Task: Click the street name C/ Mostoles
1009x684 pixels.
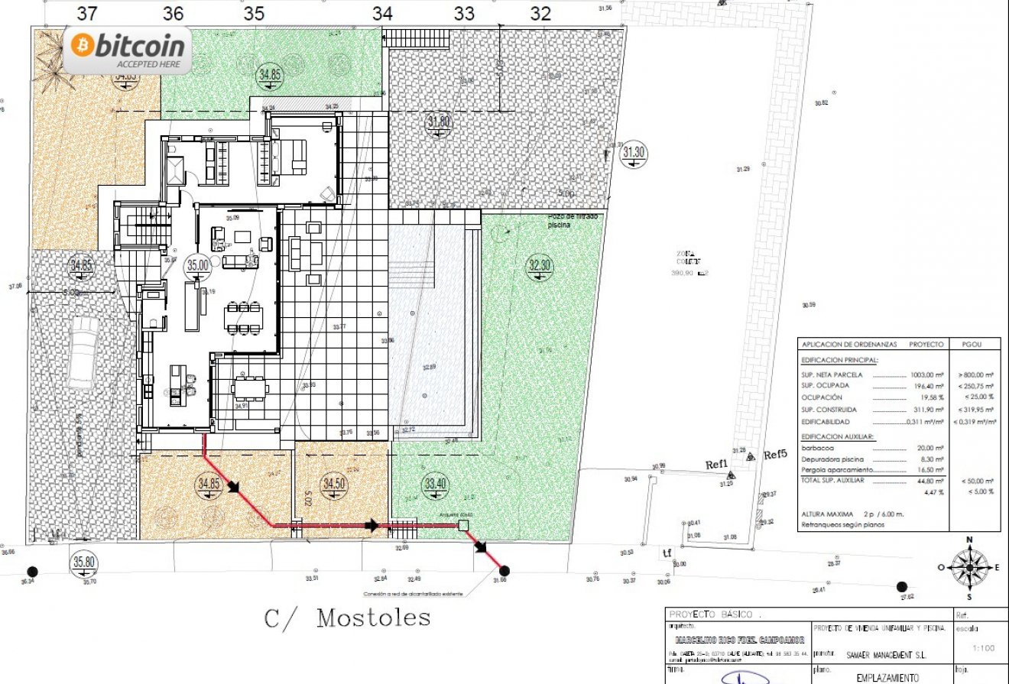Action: point(347,618)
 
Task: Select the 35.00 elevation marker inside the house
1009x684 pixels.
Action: point(198,265)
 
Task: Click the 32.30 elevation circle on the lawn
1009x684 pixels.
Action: point(540,265)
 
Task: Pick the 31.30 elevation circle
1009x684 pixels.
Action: point(634,152)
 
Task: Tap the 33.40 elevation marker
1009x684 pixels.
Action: point(435,483)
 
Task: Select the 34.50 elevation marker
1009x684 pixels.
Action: point(333,484)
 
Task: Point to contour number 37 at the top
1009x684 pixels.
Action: point(87,13)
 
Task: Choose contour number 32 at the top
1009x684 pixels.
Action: point(540,13)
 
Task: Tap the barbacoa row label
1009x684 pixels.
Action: point(817,449)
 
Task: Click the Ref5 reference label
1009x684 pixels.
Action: point(775,455)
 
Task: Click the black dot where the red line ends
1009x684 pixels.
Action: point(504,570)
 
